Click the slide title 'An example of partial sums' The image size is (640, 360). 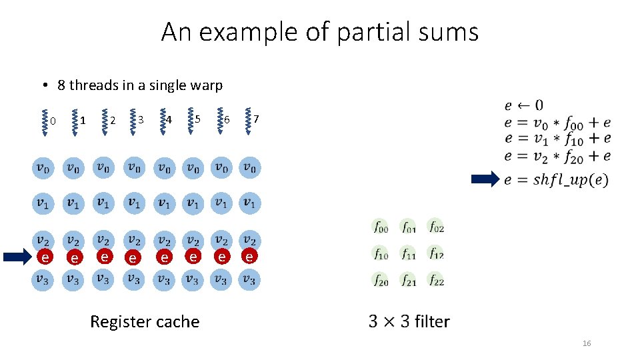[x=320, y=32]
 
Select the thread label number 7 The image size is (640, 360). [x=256, y=119]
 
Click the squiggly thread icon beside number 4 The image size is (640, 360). [x=161, y=121]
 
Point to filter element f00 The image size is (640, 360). [x=380, y=227]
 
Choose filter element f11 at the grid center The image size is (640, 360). [x=408, y=254]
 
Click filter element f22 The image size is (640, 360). [x=436, y=281]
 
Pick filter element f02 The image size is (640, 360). [x=436, y=227]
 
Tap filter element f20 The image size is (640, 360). [x=380, y=281]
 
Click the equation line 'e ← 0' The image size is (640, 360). [x=523, y=105]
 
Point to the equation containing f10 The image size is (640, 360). [x=557, y=139]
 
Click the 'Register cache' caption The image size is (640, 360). [x=145, y=322]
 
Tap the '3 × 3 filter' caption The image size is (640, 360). [x=409, y=322]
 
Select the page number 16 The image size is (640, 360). [x=587, y=343]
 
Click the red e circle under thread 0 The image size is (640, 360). [x=44, y=257]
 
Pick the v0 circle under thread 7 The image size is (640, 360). [x=249, y=168]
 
